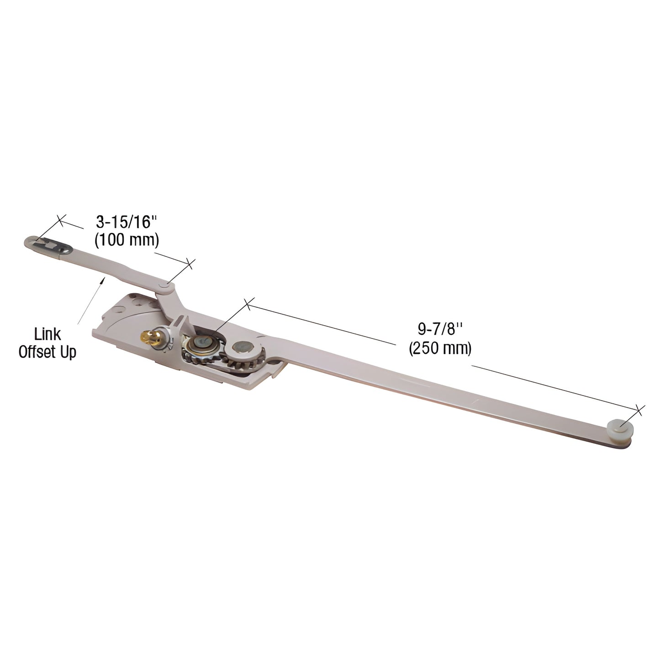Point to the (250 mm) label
click(x=440, y=348)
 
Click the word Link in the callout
click(x=48, y=333)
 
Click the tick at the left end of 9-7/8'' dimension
click(x=247, y=304)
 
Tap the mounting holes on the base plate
click(x=137, y=303)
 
